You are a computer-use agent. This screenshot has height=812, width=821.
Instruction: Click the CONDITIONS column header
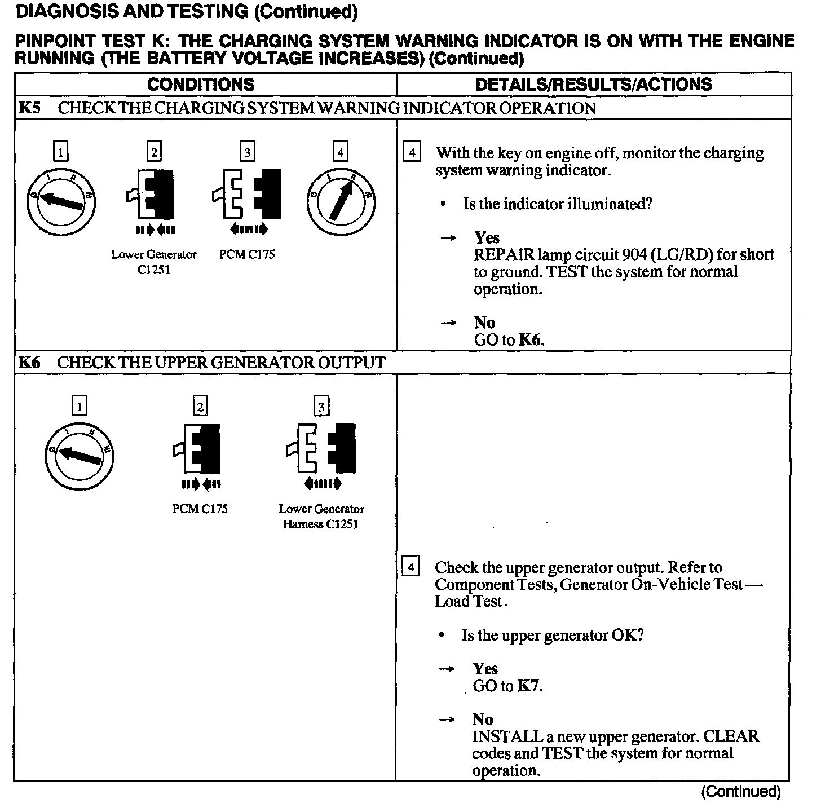point(201,85)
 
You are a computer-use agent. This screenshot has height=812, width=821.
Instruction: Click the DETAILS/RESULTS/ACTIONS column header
point(593,85)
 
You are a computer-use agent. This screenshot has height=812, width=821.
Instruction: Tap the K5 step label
point(29,108)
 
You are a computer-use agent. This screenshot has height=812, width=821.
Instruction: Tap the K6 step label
point(29,363)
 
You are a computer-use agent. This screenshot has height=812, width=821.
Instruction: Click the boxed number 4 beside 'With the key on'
point(412,153)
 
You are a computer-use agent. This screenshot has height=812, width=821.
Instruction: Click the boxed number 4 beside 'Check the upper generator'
point(411,567)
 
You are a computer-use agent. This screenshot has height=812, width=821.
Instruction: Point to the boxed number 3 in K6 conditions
point(321,407)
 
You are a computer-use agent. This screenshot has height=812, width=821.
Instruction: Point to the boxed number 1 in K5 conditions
point(60,152)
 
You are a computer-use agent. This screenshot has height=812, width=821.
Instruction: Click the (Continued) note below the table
point(741,792)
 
